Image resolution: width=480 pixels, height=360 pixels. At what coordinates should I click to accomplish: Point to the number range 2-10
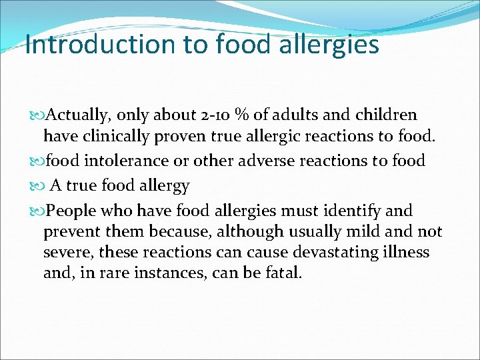[x=216, y=115]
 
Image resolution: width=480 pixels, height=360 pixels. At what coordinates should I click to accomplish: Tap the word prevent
[x=70, y=233]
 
